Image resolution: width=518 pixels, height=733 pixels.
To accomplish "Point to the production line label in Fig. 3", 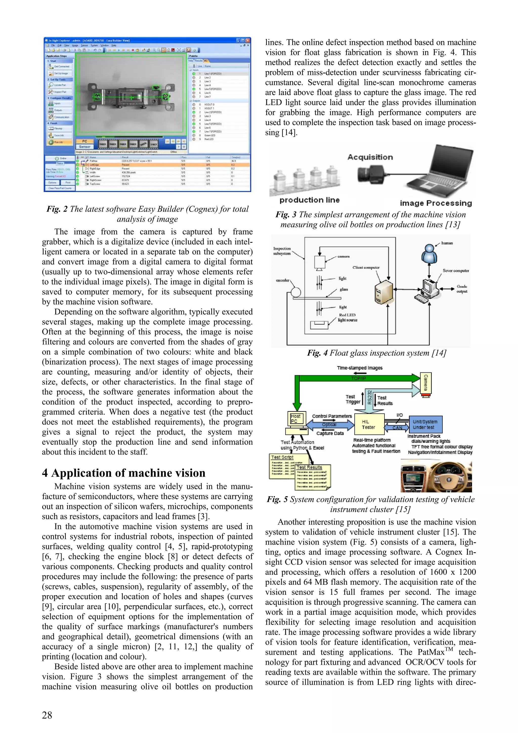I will [309, 200].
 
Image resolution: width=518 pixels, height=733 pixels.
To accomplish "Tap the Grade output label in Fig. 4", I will [462, 289].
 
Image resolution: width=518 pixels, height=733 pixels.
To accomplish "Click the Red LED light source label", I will [348, 317].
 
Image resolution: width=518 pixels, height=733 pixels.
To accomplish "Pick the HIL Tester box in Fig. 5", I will [369, 424].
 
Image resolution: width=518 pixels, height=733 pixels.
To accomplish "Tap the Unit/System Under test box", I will [425, 424].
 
